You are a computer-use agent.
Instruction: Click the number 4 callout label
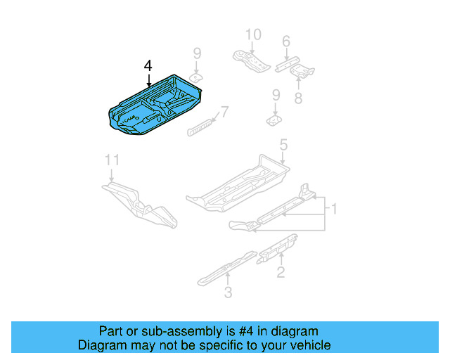pyautogui.click(x=148, y=65)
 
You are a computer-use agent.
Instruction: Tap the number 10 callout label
pyautogui.click(x=252, y=34)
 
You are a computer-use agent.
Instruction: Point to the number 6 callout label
pyautogui.click(x=285, y=42)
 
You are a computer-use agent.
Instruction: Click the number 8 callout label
pyautogui.click(x=298, y=98)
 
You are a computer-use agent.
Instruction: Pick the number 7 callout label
pyautogui.click(x=224, y=112)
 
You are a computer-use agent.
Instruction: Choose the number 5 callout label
pyautogui.click(x=283, y=146)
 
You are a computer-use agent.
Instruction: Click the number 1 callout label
pyautogui.click(x=335, y=209)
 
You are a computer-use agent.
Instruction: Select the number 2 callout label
pyautogui.click(x=281, y=272)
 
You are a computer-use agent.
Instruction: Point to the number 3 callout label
pyautogui.click(x=227, y=292)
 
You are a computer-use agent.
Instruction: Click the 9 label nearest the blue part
pyautogui.click(x=198, y=53)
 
